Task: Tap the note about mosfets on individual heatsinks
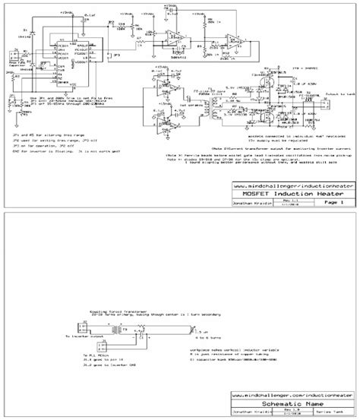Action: [x=270, y=137]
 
